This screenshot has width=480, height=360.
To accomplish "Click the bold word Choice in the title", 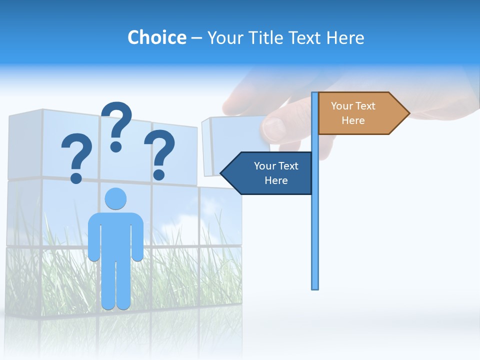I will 156,37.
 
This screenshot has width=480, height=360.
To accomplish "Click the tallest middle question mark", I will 117,125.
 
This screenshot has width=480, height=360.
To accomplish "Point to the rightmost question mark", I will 159,154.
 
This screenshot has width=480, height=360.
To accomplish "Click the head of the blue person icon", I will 115,198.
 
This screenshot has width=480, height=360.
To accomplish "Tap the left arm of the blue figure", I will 93,240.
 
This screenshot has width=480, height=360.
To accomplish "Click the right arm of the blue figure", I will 138,240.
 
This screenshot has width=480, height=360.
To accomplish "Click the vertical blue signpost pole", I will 314,225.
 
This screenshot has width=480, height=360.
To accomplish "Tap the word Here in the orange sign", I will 353,120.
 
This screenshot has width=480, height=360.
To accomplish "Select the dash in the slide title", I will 196,38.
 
